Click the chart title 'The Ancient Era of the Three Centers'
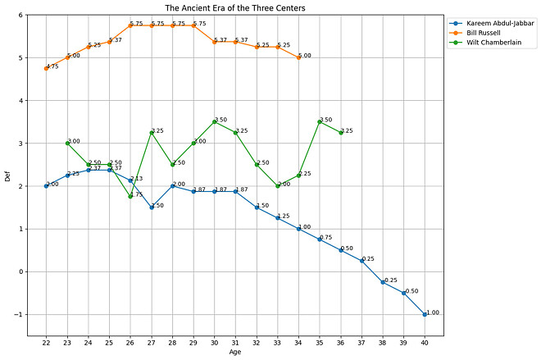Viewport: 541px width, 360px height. tap(236, 8)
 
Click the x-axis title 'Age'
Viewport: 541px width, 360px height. tap(236, 353)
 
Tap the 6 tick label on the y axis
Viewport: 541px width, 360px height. tap(20, 16)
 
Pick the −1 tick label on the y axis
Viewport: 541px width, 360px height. tap(18, 315)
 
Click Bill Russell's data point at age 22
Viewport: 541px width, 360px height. tap(47, 68)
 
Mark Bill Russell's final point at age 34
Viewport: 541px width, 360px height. tap(298, 57)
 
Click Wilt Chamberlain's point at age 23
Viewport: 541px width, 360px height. tap(67, 143)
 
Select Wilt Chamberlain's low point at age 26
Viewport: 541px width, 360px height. tap(130, 196)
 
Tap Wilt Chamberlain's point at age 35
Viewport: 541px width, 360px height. tap(320, 121)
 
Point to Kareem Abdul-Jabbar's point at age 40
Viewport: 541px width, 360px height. tap(425, 314)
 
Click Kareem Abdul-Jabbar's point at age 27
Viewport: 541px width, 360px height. tap(152, 207)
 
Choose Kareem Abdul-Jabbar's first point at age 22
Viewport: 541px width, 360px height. tap(47, 186)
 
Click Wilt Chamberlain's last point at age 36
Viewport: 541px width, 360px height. tap(341, 132)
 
